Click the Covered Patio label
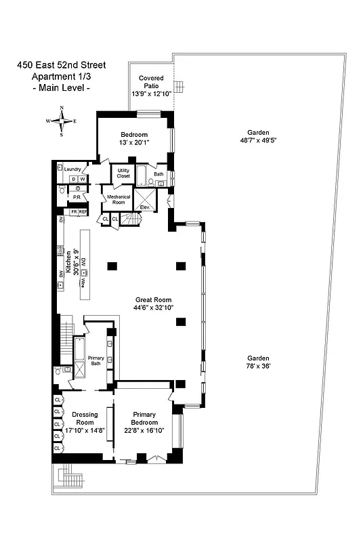pos(151,82)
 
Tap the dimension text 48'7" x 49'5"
pos(258,140)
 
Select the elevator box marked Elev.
pos(145,201)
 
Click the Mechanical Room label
pos(117,201)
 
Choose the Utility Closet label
pos(123,173)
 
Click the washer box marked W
pos(83,179)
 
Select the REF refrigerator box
pos(83,212)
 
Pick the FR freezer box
pos(74,212)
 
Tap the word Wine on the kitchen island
pos(83,285)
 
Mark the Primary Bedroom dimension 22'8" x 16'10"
pos(144,430)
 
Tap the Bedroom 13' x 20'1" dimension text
pos(134,142)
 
